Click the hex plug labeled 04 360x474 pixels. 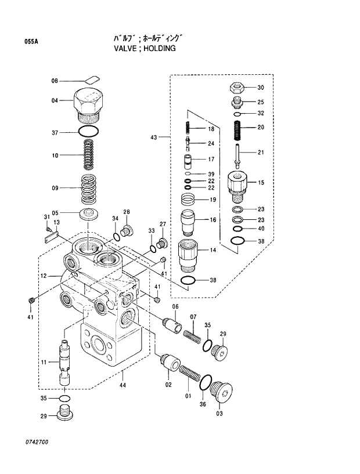coord(89,104)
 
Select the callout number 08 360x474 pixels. coord(55,81)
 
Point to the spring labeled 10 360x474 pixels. coord(89,155)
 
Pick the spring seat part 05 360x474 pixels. coord(89,214)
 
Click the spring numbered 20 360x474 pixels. coord(237,127)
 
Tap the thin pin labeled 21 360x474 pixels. coord(237,154)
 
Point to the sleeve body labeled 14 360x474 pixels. coord(189,255)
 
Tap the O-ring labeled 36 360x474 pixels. coord(204,382)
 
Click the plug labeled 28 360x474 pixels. coord(128,231)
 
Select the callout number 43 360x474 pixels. coord(153,138)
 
